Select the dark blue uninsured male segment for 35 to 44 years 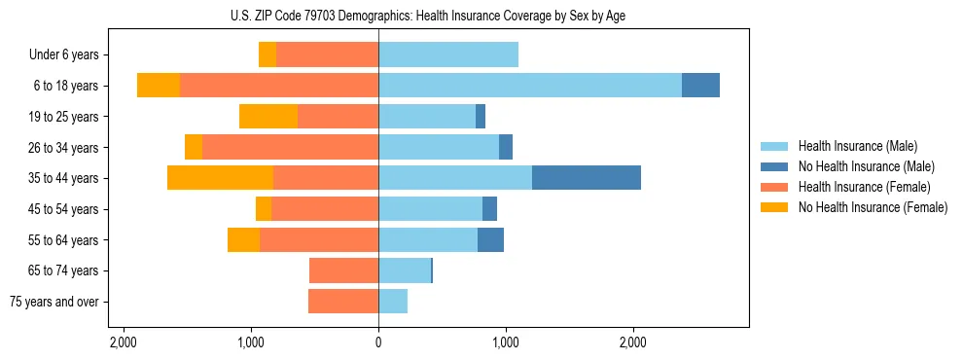tap(587, 178)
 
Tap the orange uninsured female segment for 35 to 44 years tap(220, 178)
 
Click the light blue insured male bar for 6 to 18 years tap(530, 86)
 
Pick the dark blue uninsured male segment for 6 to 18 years tap(700, 86)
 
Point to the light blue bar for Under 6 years tap(448, 54)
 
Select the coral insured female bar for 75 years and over tap(343, 302)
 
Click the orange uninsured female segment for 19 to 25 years tap(268, 117)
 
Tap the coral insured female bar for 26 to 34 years tap(290, 147)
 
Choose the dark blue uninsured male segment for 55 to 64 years tap(490, 239)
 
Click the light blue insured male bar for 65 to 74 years tap(405, 270)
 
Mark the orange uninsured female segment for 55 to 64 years tap(243, 239)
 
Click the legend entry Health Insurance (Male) tap(858, 146)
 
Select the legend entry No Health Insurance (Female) tap(873, 207)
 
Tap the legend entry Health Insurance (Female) tap(865, 187)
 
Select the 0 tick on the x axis tap(378, 342)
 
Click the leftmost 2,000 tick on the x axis tap(124, 342)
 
